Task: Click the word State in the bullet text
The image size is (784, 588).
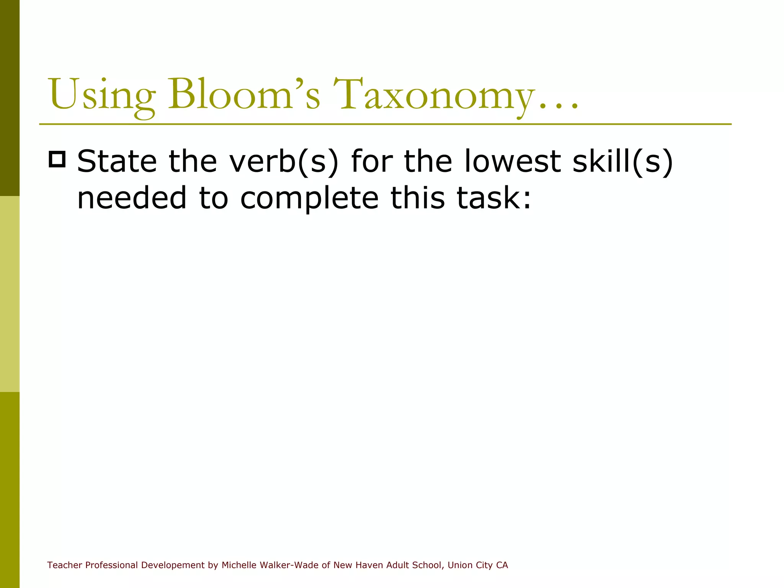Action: [x=117, y=162]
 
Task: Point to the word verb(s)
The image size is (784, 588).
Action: [x=284, y=162]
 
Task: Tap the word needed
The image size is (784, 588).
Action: [x=132, y=198]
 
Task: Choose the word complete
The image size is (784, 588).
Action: [x=309, y=199]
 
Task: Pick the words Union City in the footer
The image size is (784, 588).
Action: [x=470, y=565]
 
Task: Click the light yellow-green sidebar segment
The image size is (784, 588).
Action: [x=10, y=294]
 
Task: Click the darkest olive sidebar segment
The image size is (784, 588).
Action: [x=10, y=98]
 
